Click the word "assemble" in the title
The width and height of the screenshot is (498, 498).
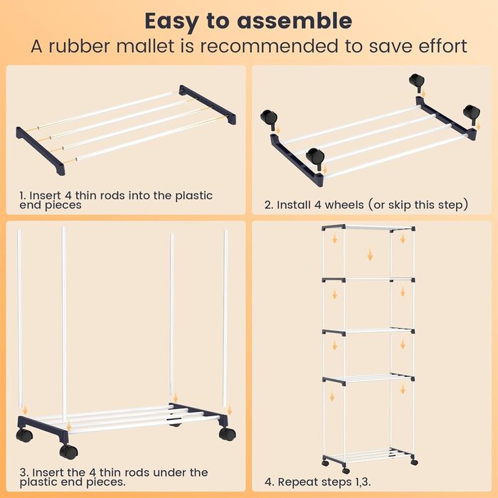pos(295,21)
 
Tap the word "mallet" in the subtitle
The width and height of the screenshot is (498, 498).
pos(145,46)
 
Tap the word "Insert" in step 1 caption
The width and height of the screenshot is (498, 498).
pos(45,195)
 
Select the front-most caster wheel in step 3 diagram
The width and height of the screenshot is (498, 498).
pos(68,451)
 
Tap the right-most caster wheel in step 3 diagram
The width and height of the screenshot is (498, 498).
pos(227,433)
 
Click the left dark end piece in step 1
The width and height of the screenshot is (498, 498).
pos(41,151)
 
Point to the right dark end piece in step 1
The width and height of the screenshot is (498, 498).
pos(208,105)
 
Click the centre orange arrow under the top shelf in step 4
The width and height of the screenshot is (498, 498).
pos(370,255)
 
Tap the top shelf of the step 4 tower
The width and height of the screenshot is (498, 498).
pos(369,228)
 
